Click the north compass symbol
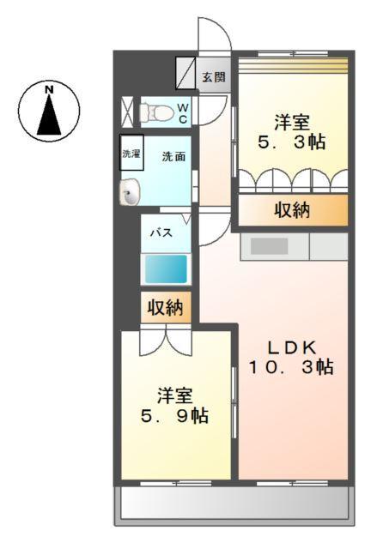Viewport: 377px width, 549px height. click(x=49, y=110)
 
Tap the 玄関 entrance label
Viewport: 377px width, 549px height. click(x=214, y=77)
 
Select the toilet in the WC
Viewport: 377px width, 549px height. click(x=155, y=111)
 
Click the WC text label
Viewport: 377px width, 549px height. click(x=183, y=112)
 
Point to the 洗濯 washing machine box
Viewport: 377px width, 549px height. click(x=131, y=155)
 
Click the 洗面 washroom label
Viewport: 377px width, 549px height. click(x=174, y=156)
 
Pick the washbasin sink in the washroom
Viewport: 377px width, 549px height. click(x=129, y=194)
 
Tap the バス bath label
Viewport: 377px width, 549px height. click(x=161, y=232)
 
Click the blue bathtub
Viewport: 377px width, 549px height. click(x=166, y=269)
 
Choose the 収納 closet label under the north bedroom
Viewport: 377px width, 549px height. click(x=293, y=210)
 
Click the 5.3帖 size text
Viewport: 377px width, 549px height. click(x=292, y=142)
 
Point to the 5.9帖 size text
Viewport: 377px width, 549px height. click(x=175, y=416)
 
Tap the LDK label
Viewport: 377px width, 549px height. click(x=291, y=347)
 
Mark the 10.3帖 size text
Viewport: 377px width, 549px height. click(x=291, y=368)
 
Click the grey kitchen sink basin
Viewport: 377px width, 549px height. click(x=269, y=246)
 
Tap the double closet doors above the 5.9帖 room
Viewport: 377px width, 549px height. click(x=168, y=340)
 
